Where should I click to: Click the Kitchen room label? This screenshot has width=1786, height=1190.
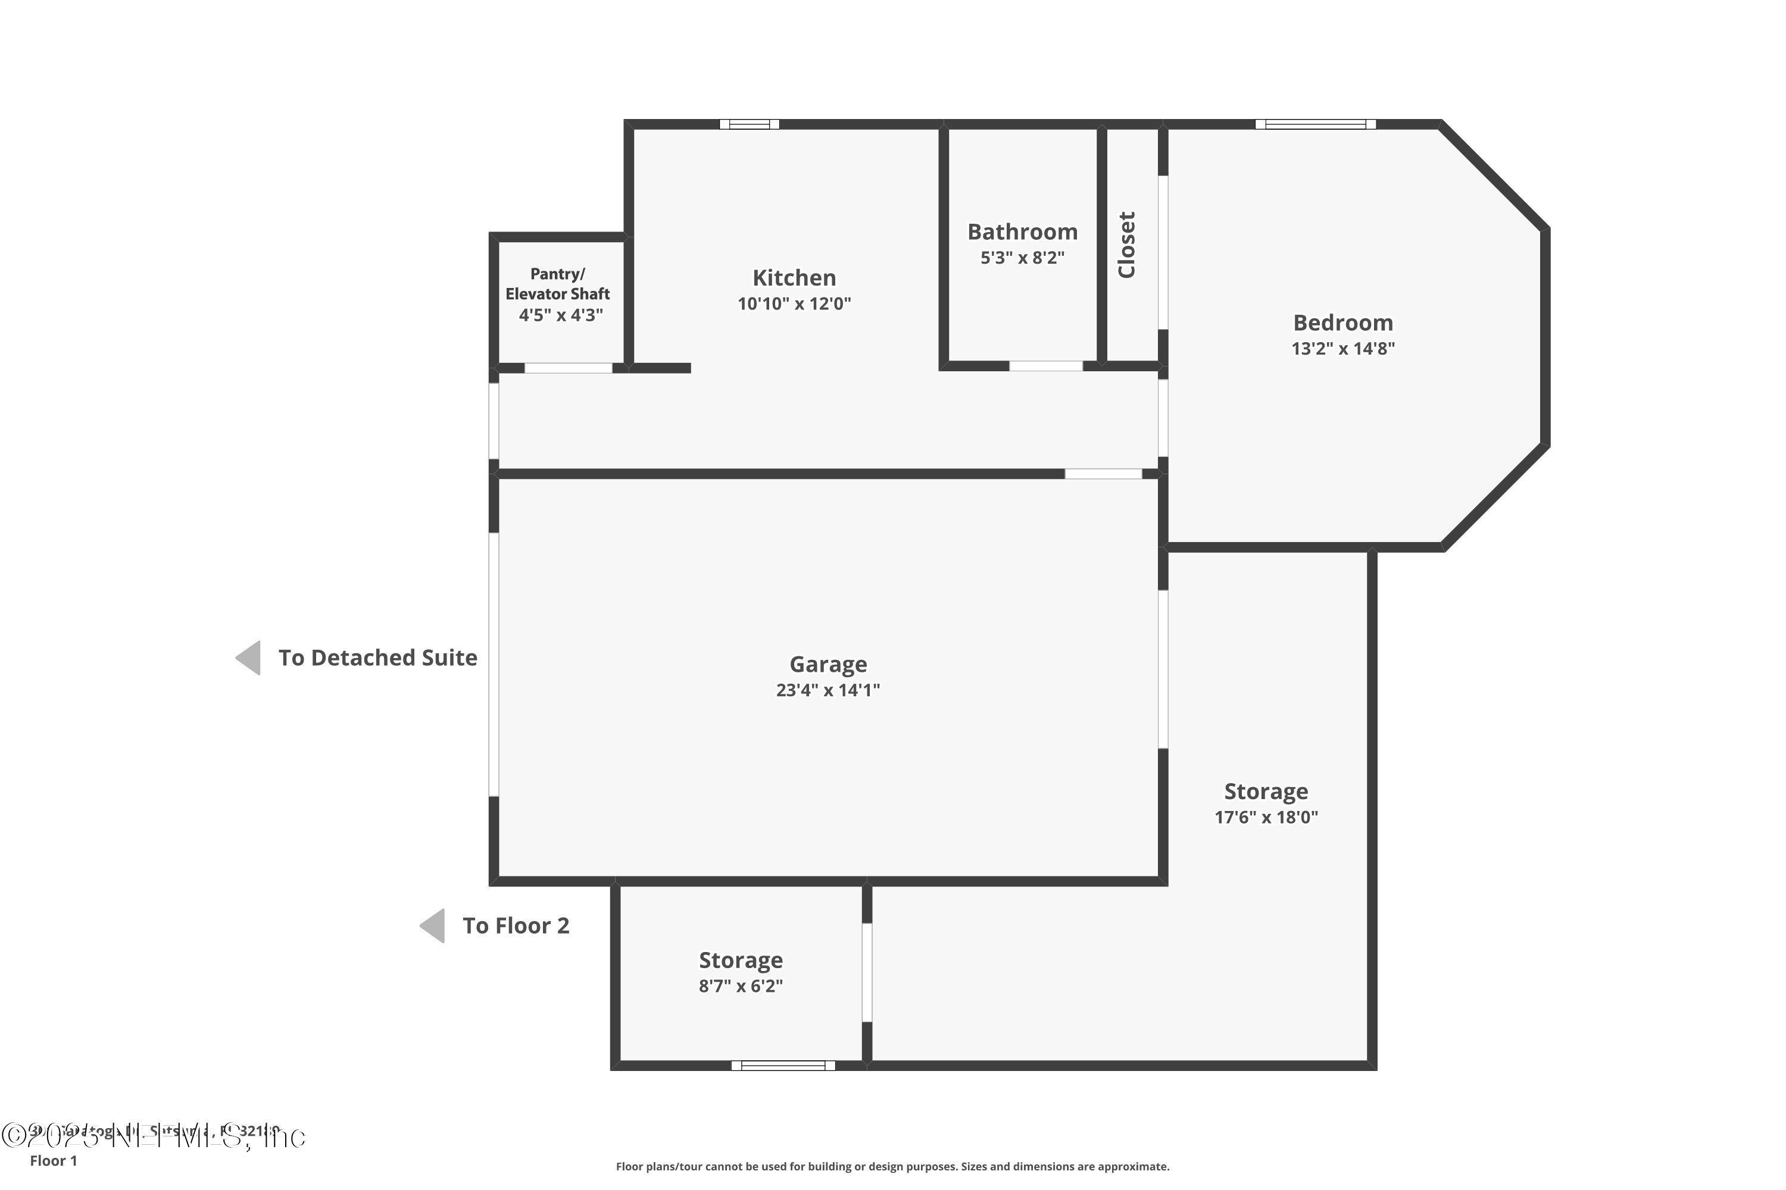pos(794,278)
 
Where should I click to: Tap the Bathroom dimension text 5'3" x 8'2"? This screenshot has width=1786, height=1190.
pos(1022,258)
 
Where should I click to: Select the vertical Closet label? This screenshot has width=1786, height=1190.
pos(1127,245)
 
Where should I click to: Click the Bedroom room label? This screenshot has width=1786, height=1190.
pos(1342,322)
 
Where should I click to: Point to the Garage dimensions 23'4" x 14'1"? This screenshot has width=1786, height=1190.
pos(828,690)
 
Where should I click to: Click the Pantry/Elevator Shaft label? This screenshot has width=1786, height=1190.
pos(558,284)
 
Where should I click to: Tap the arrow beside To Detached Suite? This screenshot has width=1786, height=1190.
pos(249,657)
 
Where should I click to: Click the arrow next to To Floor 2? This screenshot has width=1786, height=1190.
pos(433,926)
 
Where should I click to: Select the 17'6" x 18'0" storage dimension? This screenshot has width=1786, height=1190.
pos(1266,818)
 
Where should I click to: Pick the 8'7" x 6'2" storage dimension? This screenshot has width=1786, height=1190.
pos(741,986)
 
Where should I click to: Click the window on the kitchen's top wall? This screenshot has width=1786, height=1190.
pos(750,124)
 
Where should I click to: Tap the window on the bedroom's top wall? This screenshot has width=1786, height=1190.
pos(1315,124)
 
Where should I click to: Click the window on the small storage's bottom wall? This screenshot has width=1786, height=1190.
pos(783,1066)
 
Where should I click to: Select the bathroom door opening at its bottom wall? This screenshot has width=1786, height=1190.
pos(1045,367)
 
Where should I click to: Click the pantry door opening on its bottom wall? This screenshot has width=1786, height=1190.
pos(568,368)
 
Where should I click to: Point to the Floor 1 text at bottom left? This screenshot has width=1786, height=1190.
pos(53,1160)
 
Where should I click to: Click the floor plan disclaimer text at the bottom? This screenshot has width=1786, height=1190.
pos(892,1166)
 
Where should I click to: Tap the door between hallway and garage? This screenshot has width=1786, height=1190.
pos(1103,474)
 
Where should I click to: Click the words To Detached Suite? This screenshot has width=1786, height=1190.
pos(377,657)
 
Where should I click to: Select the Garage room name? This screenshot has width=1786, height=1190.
pos(828,664)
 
